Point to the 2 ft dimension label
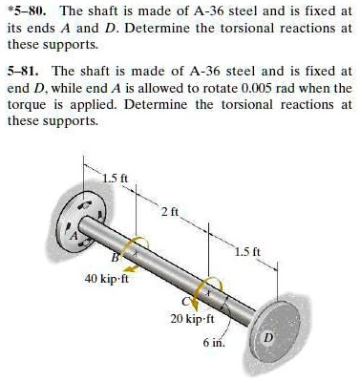pyautogui.click(x=169, y=210)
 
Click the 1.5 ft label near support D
pyautogui.click(x=265, y=255)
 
